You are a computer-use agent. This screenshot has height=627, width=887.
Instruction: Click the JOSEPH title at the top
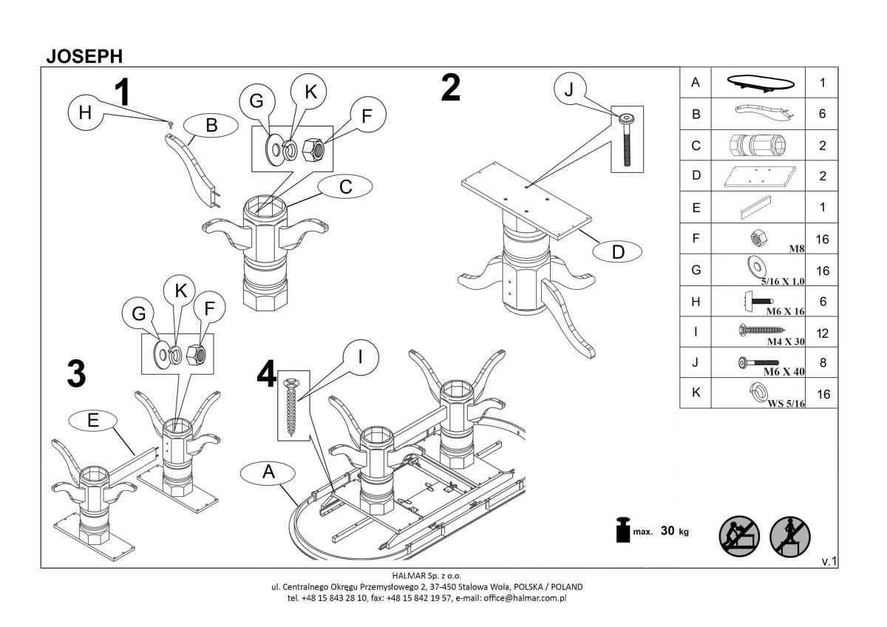click(x=84, y=56)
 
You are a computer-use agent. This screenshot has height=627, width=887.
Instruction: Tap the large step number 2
click(x=450, y=88)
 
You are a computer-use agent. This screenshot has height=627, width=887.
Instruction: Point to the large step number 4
click(x=266, y=373)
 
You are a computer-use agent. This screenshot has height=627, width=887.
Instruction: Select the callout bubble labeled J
click(x=568, y=89)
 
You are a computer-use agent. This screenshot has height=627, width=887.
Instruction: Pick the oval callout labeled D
click(x=618, y=252)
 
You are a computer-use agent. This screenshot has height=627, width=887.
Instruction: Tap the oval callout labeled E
click(x=92, y=420)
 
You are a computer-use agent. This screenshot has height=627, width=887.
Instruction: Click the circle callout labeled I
click(x=359, y=358)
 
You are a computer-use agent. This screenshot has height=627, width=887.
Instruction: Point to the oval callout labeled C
click(x=345, y=187)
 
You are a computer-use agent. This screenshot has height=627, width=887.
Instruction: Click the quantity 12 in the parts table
click(x=822, y=333)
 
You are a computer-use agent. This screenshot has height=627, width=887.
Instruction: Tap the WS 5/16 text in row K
click(x=786, y=404)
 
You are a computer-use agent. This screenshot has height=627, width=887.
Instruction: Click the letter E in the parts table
click(x=695, y=208)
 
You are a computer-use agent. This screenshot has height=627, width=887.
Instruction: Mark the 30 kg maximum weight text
click(x=673, y=532)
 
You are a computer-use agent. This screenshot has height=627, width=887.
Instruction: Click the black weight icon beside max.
click(x=622, y=531)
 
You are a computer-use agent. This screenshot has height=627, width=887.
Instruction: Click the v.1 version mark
click(x=829, y=562)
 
